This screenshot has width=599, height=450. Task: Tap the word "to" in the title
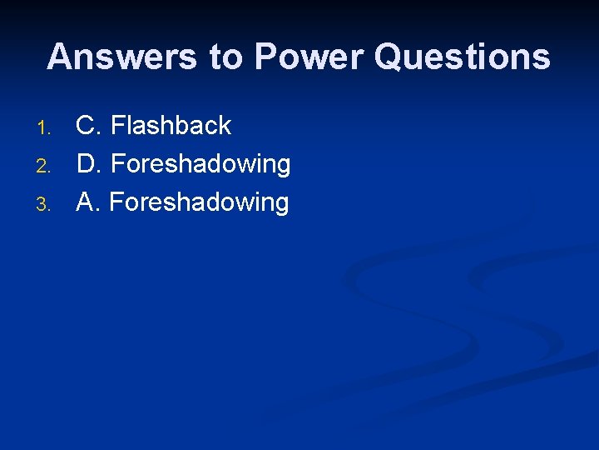(x=226, y=57)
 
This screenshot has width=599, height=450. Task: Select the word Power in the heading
(x=309, y=57)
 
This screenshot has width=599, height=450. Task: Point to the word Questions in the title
(x=462, y=57)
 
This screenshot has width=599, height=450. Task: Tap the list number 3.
(x=45, y=204)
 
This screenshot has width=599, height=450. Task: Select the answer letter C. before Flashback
(x=89, y=126)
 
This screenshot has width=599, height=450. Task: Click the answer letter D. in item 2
(x=89, y=164)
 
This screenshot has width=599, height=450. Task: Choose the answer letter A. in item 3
(x=88, y=202)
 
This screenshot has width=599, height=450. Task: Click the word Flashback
(x=171, y=126)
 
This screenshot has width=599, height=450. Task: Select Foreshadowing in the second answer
(x=200, y=165)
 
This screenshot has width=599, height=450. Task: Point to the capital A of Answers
(x=60, y=57)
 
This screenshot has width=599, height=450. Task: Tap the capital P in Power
(x=266, y=57)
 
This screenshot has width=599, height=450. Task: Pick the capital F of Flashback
(x=118, y=126)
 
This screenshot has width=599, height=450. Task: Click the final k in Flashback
(x=225, y=126)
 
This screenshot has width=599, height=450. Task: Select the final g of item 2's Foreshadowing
(x=283, y=167)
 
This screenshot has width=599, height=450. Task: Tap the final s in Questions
(x=542, y=59)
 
